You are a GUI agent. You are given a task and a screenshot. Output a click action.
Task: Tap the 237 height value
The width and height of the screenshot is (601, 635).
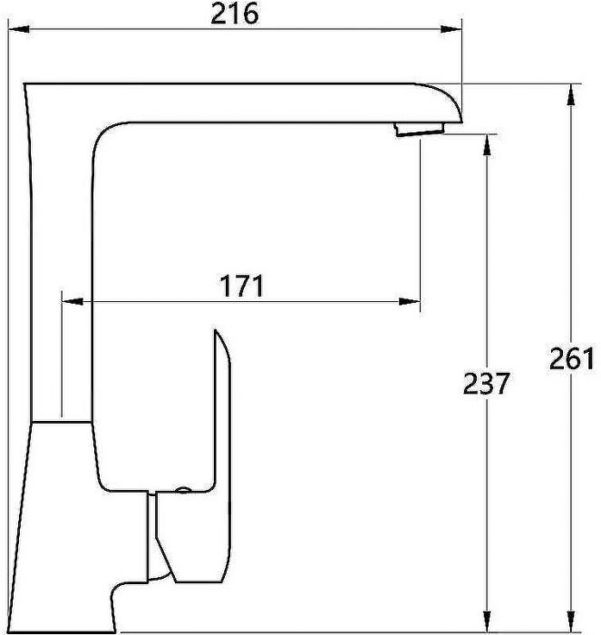click(x=485, y=384)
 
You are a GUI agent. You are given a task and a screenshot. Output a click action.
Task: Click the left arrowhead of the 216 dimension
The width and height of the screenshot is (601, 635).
click(x=27, y=30)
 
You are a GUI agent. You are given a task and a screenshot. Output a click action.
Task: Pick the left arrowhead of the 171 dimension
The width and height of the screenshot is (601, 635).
click(x=68, y=301)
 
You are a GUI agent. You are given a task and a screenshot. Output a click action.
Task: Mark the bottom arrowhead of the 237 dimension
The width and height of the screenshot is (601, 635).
click(x=488, y=620)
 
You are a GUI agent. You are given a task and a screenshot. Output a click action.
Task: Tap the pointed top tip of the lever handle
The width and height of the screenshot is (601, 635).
click(x=218, y=335)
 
